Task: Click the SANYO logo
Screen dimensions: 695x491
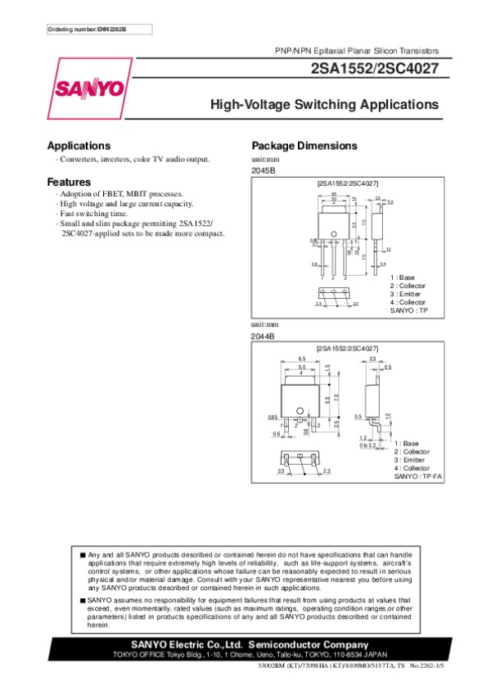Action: click(90, 88)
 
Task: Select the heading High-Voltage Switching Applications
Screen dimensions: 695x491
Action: click(325, 105)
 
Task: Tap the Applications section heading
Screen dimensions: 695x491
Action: click(79, 146)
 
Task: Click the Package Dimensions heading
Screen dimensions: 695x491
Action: click(304, 146)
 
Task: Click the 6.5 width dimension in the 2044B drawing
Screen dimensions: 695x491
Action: click(302, 359)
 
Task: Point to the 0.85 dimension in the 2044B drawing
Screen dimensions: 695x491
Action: click(272, 417)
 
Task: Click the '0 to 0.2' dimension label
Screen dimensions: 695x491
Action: click(367, 445)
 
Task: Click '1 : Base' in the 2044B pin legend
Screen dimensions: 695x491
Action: click(406, 443)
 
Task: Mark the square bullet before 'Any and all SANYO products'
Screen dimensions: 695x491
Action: click(83, 554)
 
